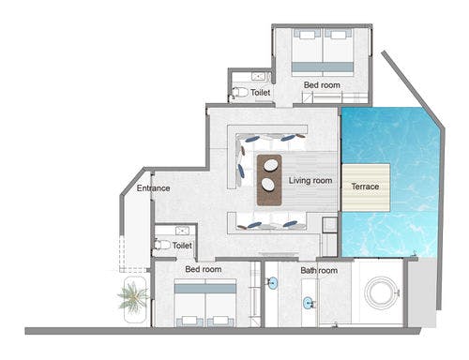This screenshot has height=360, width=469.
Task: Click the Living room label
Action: [x=310, y=181]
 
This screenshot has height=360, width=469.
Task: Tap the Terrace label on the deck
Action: [x=365, y=187]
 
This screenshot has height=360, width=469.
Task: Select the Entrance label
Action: [x=153, y=188]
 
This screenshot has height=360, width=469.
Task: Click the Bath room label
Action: [x=319, y=270]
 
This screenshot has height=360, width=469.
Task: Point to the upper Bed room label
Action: [x=322, y=85]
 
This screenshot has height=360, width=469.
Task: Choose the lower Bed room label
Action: [x=204, y=269]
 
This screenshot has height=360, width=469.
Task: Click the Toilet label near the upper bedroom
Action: [x=260, y=93]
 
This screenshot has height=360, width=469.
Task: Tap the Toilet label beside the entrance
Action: [x=182, y=246]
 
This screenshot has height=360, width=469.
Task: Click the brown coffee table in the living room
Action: [x=269, y=180]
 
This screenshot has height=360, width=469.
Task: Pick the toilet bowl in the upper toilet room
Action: [x=240, y=92]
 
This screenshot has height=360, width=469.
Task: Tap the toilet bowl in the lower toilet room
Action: [x=162, y=245]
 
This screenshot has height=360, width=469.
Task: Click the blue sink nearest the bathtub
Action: [x=308, y=303]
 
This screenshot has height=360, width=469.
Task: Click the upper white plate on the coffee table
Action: [x=270, y=165]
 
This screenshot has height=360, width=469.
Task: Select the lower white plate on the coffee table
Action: [x=268, y=185]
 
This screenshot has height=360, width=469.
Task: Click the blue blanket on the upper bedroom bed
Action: [x=323, y=67]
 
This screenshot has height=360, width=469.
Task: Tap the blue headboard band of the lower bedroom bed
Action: [x=205, y=289]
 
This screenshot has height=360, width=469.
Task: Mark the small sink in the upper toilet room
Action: [x=259, y=77]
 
